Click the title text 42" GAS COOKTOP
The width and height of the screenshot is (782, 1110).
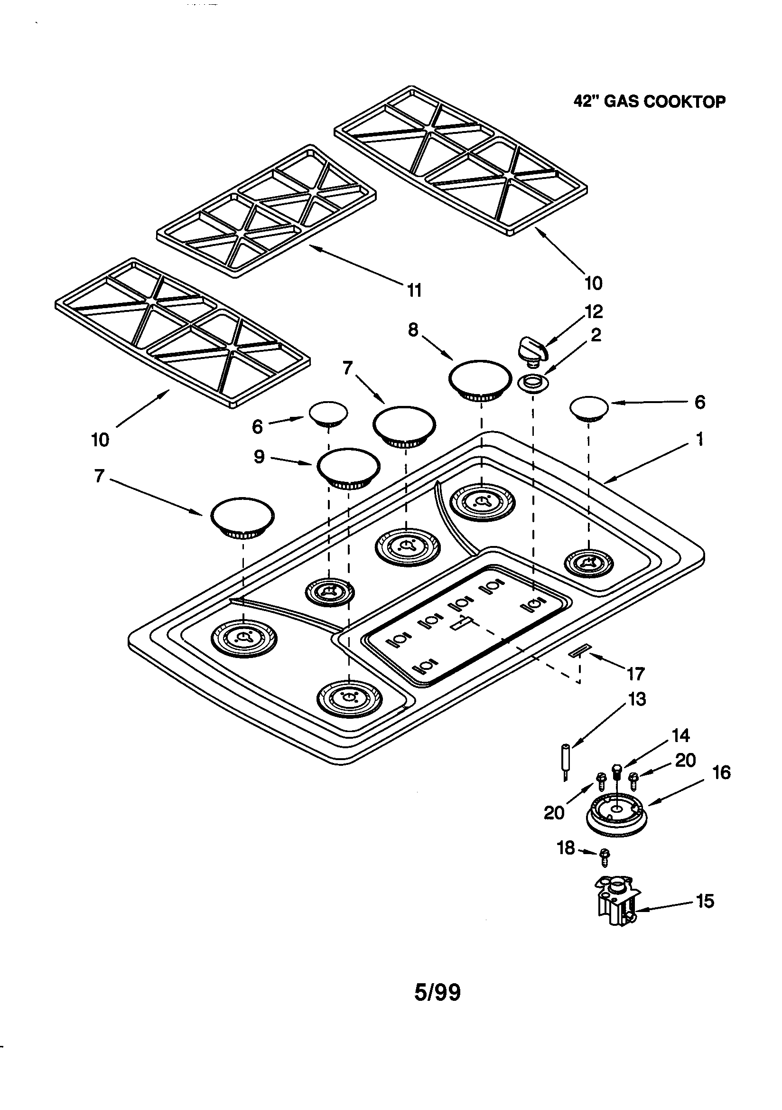pos(649,102)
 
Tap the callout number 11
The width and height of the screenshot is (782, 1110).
pos(414,291)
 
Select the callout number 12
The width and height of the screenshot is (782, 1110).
pos(594,312)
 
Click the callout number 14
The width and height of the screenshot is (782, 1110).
pos(680,735)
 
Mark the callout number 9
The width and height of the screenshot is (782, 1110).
pos(260,456)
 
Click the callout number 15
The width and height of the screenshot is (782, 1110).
pos(705,901)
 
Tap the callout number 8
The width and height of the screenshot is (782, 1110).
pos(413,330)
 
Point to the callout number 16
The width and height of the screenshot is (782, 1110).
pos(722,772)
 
